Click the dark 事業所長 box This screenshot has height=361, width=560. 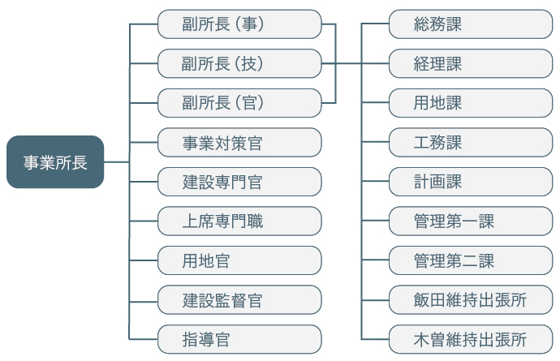tap(55, 161)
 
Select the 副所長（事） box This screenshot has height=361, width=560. tap(239, 24)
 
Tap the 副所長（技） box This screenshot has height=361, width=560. tap(239, 63)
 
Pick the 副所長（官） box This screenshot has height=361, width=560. tap(239, 103)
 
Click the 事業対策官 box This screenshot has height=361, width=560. tap(239, 143)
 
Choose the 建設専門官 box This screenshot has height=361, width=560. tap(239, 182)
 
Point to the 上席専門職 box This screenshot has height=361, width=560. tap(239, 221)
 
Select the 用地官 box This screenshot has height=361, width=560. tap(239, 260)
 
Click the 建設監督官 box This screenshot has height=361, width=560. tap(239, 300)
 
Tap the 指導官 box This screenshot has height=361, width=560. tap(239, 339)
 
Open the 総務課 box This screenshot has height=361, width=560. tap(471, 24)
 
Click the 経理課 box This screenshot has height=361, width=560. tap(471, 63)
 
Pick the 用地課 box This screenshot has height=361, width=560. tap(471, 103)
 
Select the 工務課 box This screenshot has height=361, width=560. tap(471, 143)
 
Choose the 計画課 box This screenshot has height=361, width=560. tap(471, 182)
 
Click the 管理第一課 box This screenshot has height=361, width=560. tap(471, 221)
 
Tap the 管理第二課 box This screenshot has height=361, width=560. tap(471, 260)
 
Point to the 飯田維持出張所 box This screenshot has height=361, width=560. tap(471, 300)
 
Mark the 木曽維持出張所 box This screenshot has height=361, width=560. tap(471, 339)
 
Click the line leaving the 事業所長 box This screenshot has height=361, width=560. tap(116, 162)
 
